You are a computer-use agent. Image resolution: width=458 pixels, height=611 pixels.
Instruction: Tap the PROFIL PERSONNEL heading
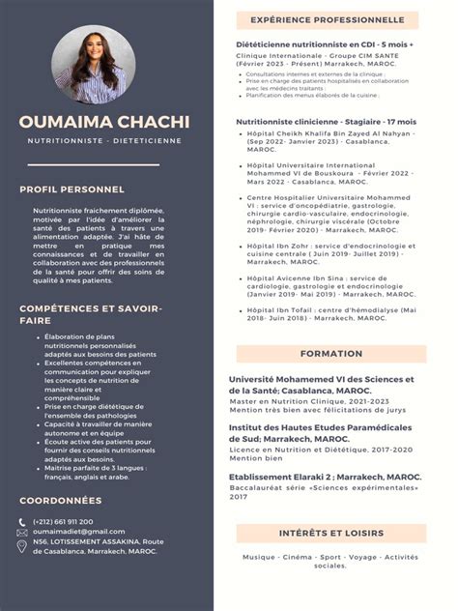tap(72, 189)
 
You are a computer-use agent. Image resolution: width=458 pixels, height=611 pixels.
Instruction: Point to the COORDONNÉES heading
tap(60, 501)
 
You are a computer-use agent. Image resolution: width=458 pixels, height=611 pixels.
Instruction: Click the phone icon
tap(22, 522)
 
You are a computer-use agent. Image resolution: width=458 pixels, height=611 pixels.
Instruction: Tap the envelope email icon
tap(22, 533)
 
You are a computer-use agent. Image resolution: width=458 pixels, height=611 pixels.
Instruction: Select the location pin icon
tap(22, 546)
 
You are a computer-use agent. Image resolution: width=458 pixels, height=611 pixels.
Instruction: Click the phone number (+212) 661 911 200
tap(63, 522)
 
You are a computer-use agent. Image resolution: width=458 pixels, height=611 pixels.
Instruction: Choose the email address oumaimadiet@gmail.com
tap(78, 532)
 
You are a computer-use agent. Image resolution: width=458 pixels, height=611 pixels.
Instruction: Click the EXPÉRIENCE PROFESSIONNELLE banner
tap(328, 19)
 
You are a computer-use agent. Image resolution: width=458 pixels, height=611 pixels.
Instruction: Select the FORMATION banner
tap(331, 354)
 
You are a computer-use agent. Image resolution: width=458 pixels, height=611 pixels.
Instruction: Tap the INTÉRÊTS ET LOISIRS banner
tap(331, 533)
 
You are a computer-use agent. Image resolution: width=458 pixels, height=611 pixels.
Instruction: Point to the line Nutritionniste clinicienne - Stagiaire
tap(310, 121)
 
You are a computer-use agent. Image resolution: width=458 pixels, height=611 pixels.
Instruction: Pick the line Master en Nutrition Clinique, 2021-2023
tap(308, 401)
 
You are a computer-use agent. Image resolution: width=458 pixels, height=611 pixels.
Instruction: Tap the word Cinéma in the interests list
tap(298, 557)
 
